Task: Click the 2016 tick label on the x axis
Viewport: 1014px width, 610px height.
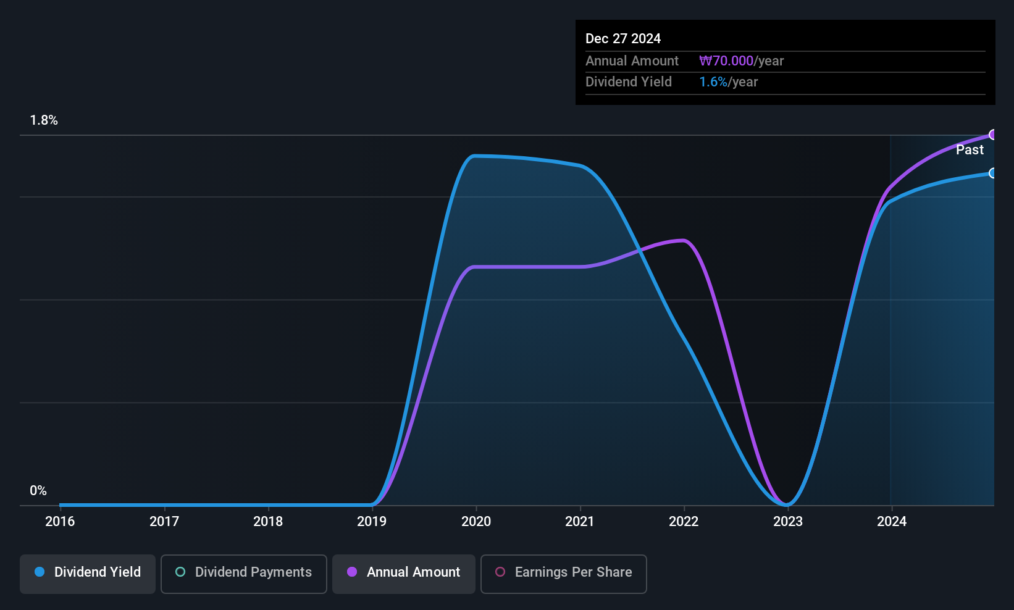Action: point(60,521)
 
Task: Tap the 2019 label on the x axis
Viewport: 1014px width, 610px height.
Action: point(372,521)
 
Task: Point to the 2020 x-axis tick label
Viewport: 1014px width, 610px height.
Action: point(476,521)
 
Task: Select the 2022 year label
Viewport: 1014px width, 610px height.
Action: point(684,521)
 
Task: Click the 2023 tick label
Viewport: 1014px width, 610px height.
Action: point(788,521)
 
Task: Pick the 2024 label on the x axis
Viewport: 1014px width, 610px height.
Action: point(892,521)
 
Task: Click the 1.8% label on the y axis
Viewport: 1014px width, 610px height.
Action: point(44,120)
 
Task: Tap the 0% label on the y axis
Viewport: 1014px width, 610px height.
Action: point(38,491)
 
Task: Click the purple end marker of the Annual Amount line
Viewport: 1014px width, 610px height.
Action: point(993,135)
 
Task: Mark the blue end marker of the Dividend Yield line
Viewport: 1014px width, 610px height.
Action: point(993,173)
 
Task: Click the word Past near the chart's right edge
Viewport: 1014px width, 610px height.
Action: point(970,150)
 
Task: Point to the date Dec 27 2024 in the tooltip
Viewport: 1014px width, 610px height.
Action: point(623,39)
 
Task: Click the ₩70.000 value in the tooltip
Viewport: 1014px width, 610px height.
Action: point(726,61)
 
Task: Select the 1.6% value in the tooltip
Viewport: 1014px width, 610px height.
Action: point(713,82)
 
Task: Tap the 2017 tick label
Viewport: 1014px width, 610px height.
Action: point(164,521)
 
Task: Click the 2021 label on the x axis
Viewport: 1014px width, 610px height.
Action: point(580,521)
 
